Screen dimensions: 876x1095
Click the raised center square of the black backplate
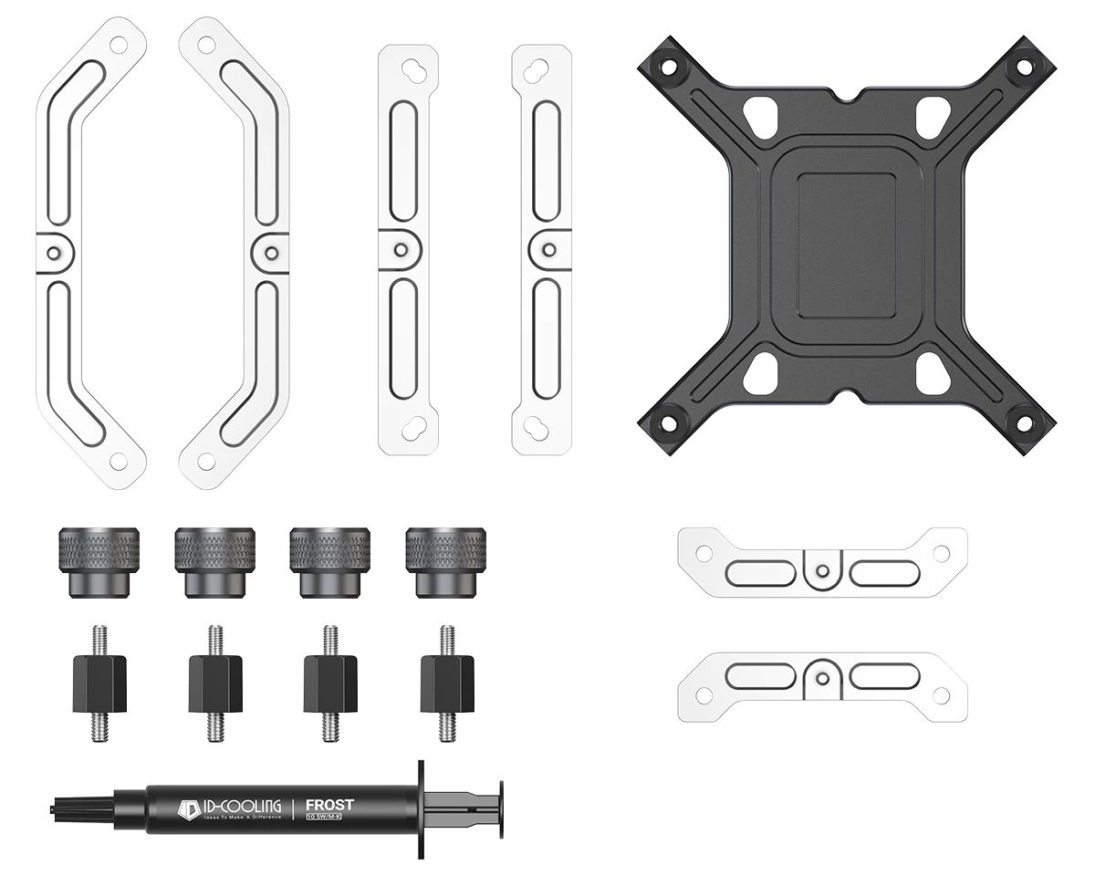point(846,245)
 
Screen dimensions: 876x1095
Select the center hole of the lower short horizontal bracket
point(823,676)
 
